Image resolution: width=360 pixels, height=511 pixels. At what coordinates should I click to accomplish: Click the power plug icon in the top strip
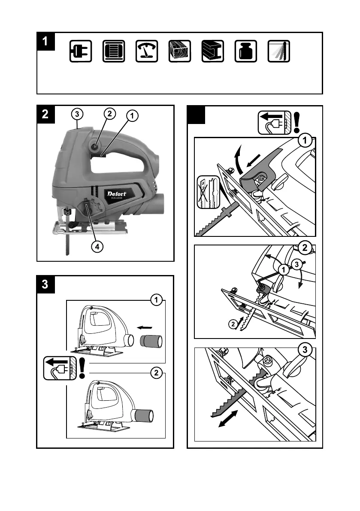[81, 52]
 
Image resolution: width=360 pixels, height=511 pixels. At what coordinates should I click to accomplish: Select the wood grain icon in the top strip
[180, 52]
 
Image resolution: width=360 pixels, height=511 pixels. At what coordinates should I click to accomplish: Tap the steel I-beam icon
[213, 52]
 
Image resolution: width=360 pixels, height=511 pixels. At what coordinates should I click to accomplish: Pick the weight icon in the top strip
[246, 52]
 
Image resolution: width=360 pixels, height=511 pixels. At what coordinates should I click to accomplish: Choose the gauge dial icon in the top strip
[147, 52]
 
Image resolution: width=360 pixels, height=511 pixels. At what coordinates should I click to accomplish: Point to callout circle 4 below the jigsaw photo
[98, 247]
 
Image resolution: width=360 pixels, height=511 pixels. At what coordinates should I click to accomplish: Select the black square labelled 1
[46, 42]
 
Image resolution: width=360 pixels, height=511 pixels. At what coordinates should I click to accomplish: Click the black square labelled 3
[45, 284]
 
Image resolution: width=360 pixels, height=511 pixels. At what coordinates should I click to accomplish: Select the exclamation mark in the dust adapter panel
[82, 367]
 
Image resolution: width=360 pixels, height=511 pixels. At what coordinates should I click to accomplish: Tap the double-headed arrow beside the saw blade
[227, 417]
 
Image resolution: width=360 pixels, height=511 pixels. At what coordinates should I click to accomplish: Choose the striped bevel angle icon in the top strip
[279, 52]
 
